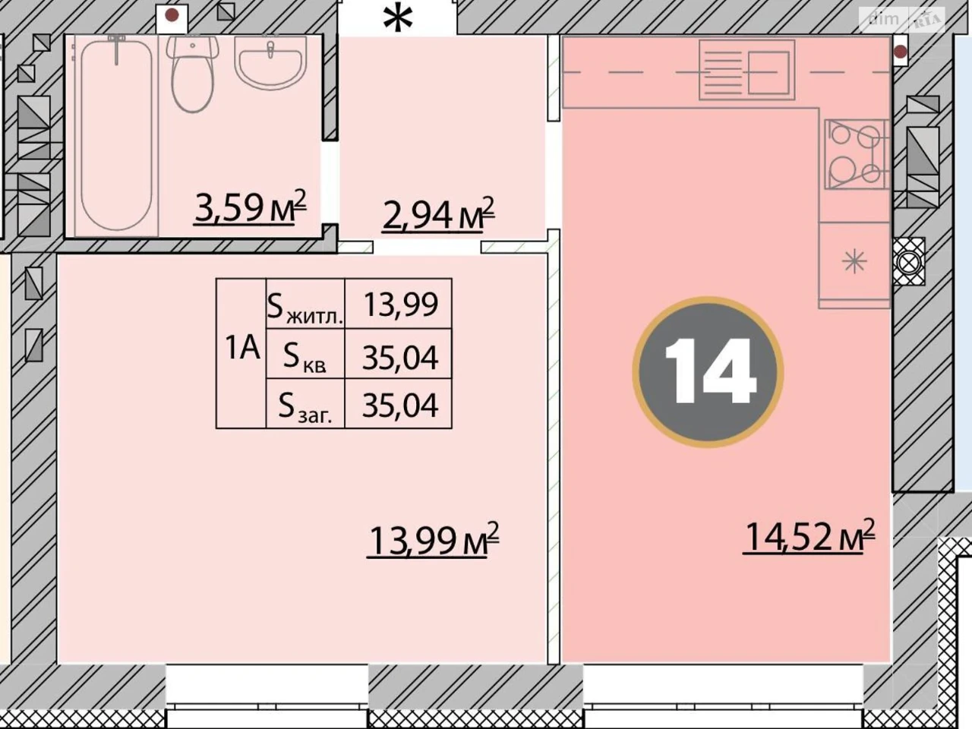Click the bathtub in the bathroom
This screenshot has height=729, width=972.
116,135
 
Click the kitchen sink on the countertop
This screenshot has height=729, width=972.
746,70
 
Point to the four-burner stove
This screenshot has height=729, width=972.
857,154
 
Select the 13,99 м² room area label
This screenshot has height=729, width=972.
433,540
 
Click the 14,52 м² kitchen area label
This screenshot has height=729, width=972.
809,535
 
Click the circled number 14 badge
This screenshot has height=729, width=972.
708,372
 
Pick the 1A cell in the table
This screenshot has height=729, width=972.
241,353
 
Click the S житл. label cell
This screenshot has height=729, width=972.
305,304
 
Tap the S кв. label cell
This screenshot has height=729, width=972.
305,354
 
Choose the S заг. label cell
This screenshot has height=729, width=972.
305,403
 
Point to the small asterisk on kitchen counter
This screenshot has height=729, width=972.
854,262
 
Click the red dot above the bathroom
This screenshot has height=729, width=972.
172,15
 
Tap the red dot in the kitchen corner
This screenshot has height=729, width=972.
901,52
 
